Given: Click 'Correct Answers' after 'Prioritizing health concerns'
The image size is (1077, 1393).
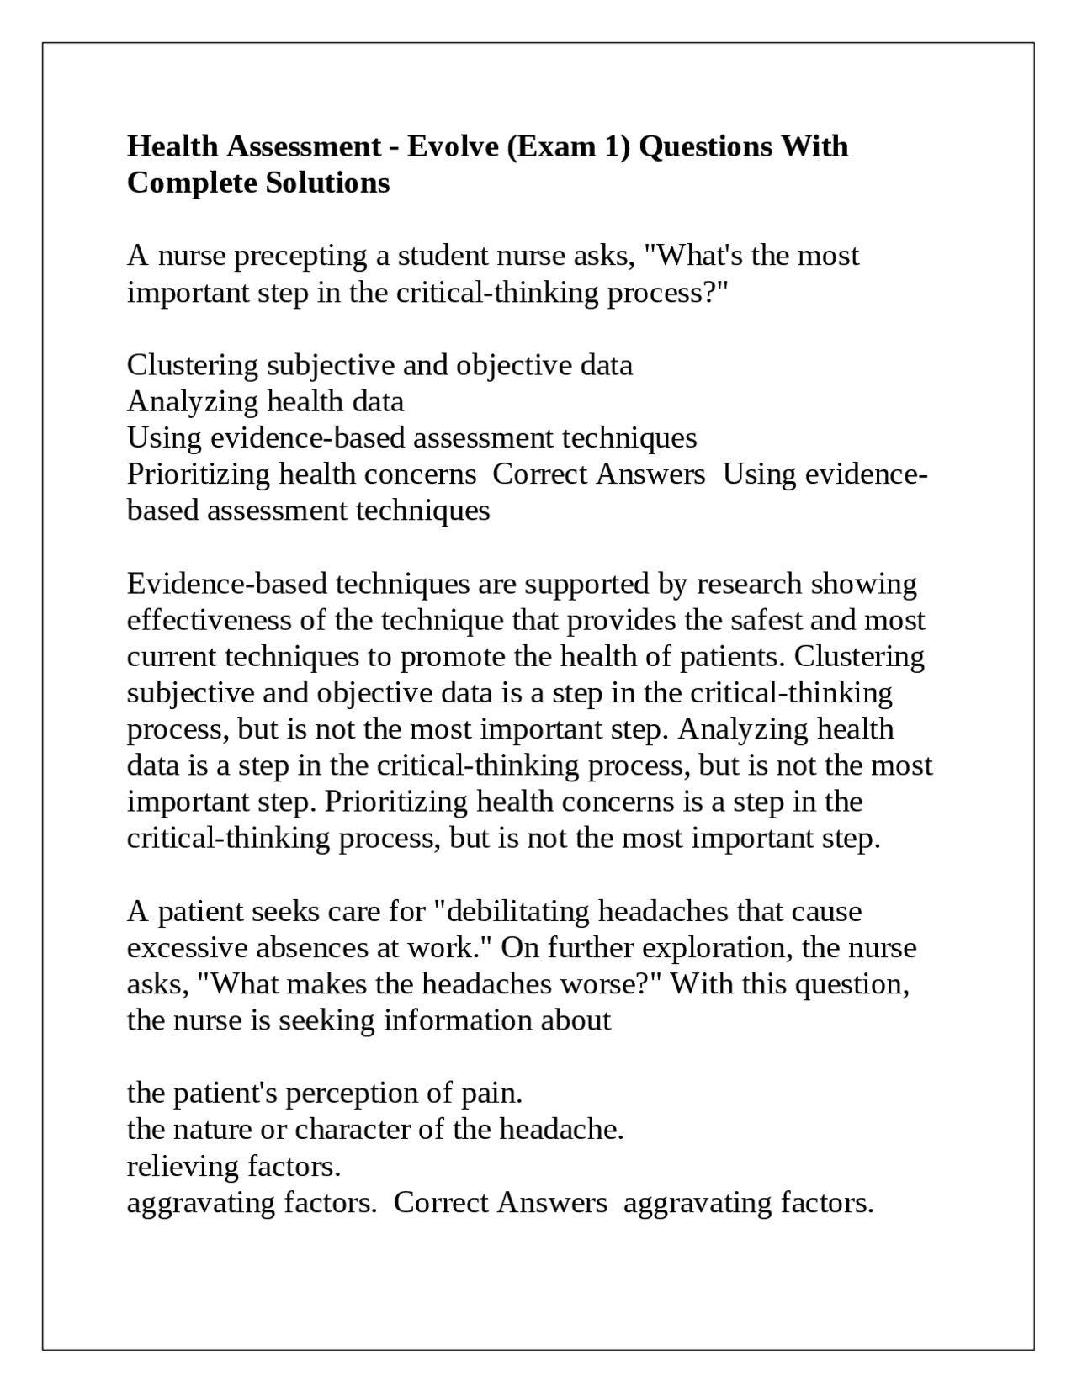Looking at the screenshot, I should pyautogui.click(x=598, y=474).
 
